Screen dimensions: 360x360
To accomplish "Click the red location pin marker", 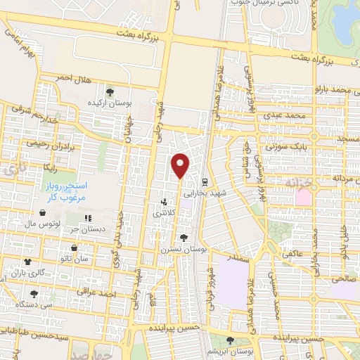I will (x=181, y=165).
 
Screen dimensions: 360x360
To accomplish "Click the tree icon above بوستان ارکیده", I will (x=109, y=91).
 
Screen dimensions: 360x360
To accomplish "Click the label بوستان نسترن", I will (x=184, y=250).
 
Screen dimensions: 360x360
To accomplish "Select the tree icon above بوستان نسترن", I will (x=184, y=238).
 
